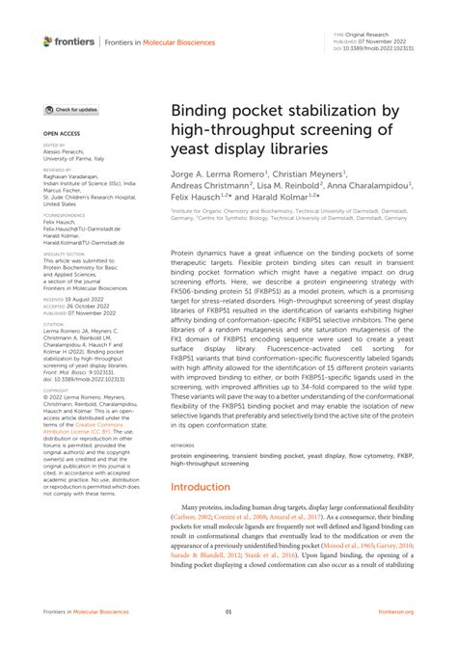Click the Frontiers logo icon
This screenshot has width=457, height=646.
tap(48, 40)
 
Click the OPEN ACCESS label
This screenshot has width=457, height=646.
tap(60, 133)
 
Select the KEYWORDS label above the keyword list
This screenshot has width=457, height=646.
tap(183, 445)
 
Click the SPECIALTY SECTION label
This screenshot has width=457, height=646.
tap(64, 254)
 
